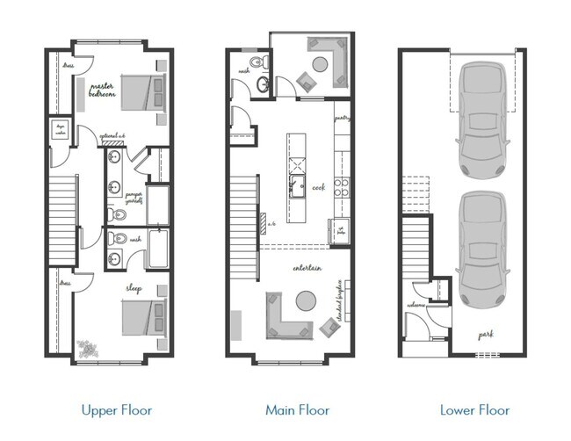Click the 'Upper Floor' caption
(116, 409)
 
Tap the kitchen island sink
(297, 184)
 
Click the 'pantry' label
(343, 117)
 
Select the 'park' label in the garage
(484, 334)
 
